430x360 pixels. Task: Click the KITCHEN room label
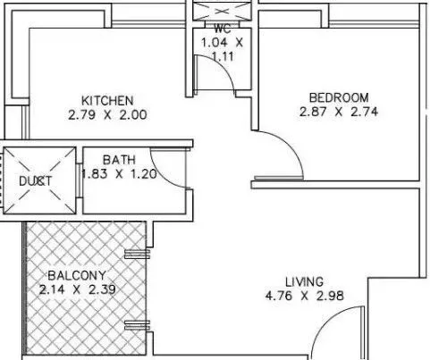(107, 99)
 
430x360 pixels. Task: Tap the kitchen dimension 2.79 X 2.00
(107, 114)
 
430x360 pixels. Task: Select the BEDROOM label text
(338, 97)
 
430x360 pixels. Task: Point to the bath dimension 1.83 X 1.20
(119, 174)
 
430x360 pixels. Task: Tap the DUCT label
(35, 181)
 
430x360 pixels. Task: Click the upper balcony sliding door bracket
(137, 251)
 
